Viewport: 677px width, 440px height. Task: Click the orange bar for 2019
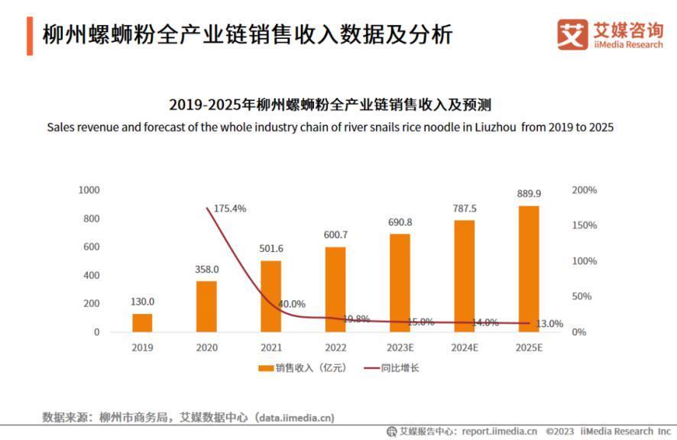click(x=142, y=323)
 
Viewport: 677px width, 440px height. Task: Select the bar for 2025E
click(x=529, y=269)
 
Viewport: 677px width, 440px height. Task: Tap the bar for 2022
click(x=335, y=290)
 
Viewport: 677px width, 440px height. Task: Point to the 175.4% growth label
click(x=229, y=209)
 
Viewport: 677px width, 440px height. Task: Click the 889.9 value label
click(x=529, y=194)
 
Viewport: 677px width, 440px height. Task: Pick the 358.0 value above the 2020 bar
click(x=206, y=269)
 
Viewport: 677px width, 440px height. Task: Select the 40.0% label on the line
click(x=291, y=304)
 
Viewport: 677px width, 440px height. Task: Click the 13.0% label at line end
click(x=549, y=324)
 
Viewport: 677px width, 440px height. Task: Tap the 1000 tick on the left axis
click(x=89, y=189)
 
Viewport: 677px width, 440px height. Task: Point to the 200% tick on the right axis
click(x=585, y=189)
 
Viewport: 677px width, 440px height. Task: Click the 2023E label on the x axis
click(x=400, y=348)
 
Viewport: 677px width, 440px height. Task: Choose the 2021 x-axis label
click(x=270, y=348)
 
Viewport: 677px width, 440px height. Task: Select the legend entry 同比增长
click(x=400, y=368)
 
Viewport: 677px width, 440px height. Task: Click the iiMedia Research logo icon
click(x=572, y=34)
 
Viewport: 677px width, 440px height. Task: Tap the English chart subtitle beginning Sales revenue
click(x=330, y=127)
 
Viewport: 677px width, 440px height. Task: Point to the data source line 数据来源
click(x=188, y=417)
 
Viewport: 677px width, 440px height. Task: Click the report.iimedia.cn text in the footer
click(x=500, y=432)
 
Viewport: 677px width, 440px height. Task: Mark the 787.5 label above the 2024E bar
click(x=465, y=209)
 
